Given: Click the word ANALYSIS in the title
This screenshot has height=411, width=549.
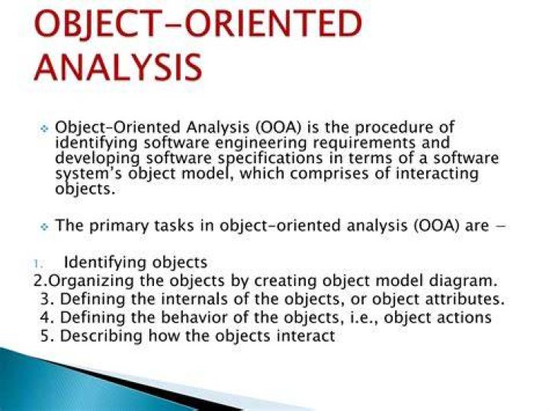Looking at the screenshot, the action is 118,67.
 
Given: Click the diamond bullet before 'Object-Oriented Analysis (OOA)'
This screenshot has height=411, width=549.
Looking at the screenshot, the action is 44,129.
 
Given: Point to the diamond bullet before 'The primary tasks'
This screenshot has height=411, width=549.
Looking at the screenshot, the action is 44,227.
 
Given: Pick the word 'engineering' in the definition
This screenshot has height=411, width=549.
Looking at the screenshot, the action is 261,143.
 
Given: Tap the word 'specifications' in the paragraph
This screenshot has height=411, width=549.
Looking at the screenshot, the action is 270,159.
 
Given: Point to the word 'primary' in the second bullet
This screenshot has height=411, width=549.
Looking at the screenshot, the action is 119,226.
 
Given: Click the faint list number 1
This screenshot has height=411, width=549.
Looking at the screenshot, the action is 38,263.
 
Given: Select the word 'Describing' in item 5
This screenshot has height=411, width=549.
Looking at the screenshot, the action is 101,336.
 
